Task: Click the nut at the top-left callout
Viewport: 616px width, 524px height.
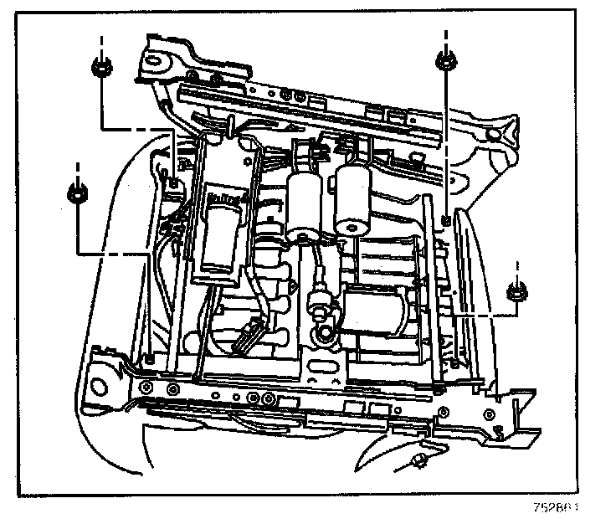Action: tap(100, 68)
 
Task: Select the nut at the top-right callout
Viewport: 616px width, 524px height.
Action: tap(445, 60)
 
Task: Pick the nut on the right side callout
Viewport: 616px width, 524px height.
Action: tap(516, 292)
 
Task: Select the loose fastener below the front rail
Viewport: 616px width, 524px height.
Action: tap(418, 462)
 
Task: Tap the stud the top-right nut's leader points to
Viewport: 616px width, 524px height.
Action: tap(445, 219)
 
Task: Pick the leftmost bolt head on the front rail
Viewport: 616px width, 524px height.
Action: tap(147, 387)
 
